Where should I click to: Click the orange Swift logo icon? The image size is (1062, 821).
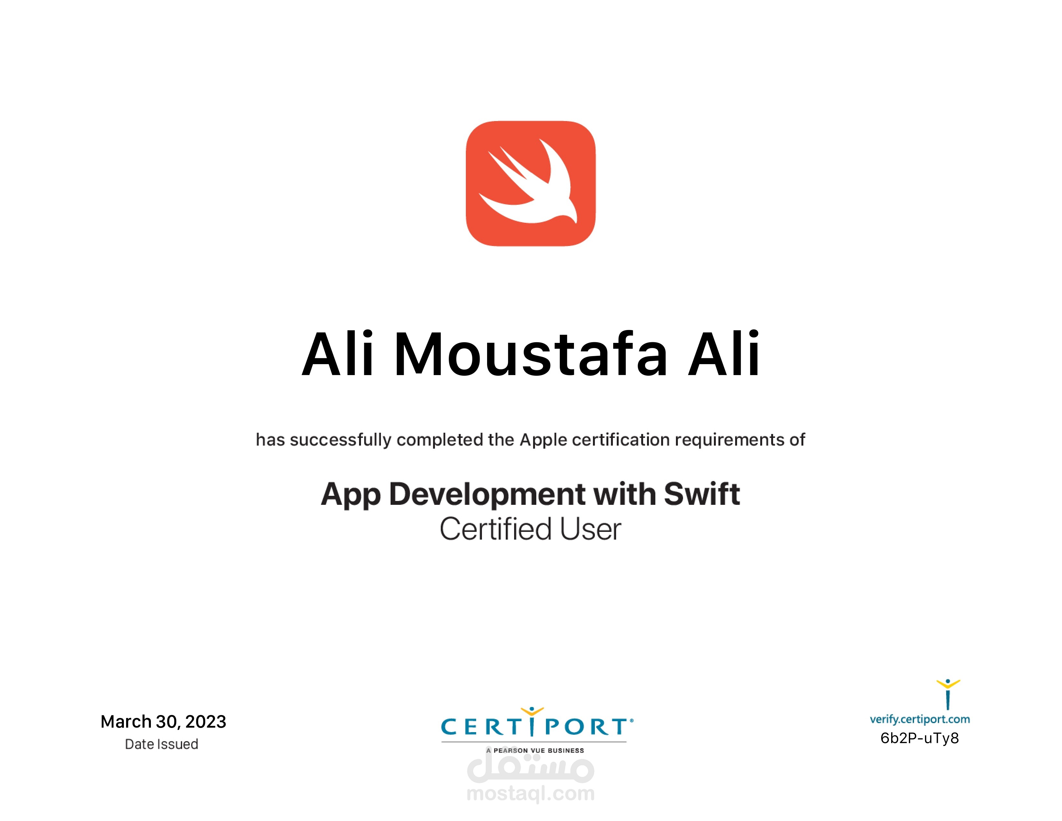531,184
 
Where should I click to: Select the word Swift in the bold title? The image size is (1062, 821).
701,495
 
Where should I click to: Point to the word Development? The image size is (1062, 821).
488,495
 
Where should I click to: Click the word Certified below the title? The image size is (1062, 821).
495,530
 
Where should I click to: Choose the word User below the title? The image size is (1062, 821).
590,530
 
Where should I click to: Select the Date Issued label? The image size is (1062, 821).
162,744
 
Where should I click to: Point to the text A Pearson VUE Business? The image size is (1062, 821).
535,750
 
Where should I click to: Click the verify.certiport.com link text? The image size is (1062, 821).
919,719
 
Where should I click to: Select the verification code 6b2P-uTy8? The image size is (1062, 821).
919,738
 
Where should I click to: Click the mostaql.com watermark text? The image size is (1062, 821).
530,794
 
